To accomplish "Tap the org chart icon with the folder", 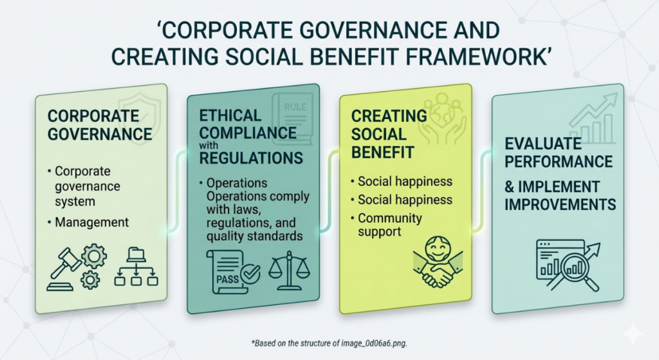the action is click(136, 267).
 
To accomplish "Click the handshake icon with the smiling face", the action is click(438, 261).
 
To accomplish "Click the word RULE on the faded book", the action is click(295, 107).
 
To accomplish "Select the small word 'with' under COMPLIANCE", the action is click(209, 146).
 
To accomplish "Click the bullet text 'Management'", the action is click(91, 222).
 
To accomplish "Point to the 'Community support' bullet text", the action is click(389, 225).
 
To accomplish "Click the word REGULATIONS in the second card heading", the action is click(251, 158).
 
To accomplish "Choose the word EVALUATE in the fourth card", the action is click(543, 144).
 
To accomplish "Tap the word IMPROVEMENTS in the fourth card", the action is click(561, 204).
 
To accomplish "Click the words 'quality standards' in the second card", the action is click(254, 236).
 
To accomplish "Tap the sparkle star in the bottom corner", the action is click(634, 334).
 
